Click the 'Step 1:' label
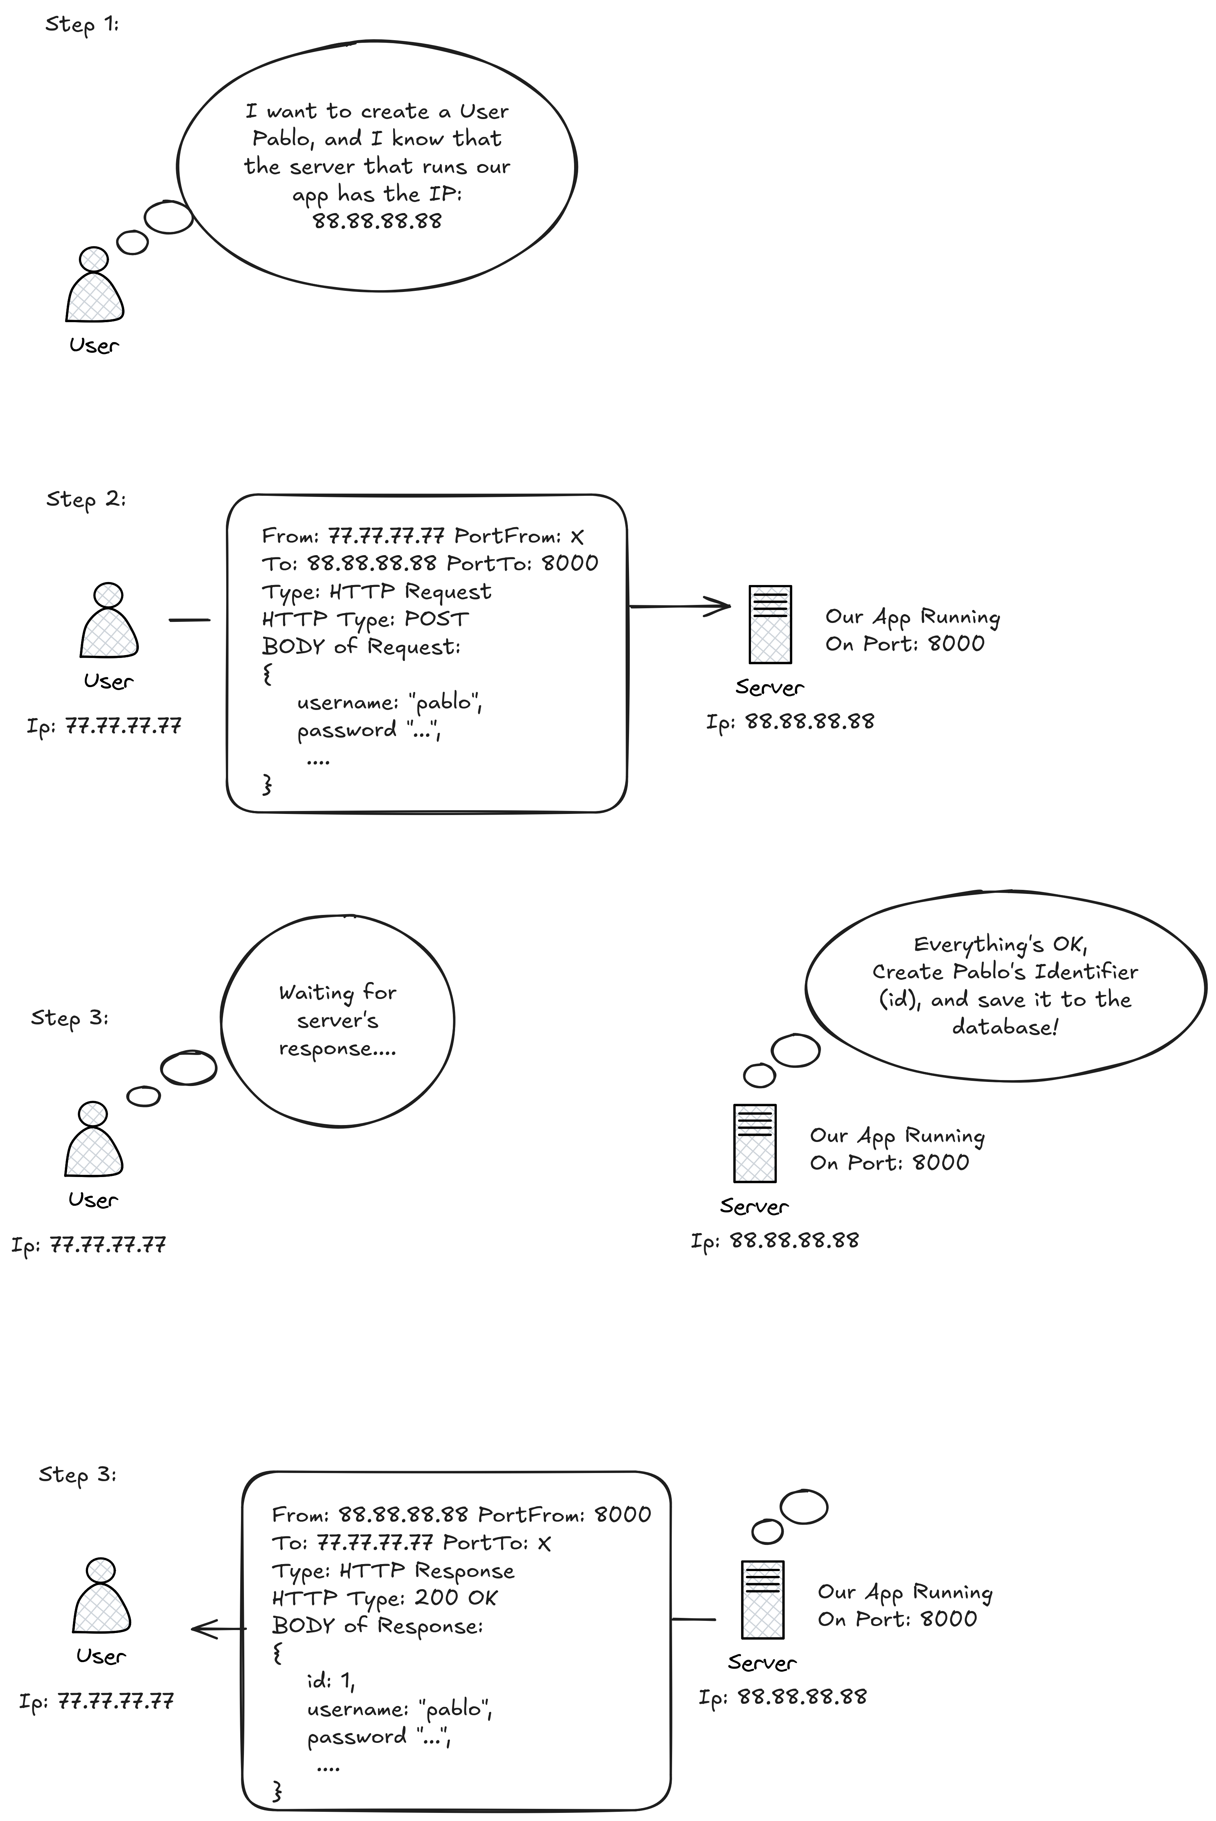(x=81, y=25)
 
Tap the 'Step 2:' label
(x=85, y=499)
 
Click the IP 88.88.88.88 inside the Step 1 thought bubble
(x=377, y=221)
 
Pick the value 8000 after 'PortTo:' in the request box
(x=570, y=563)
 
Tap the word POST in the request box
(x=437, y=619)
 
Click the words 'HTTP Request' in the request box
(x=410, y=592)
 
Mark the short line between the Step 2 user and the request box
(x=189, y=620)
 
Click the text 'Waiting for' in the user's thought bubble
(x=337, y=992)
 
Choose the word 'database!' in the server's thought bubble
(x=1004, y=1027)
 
